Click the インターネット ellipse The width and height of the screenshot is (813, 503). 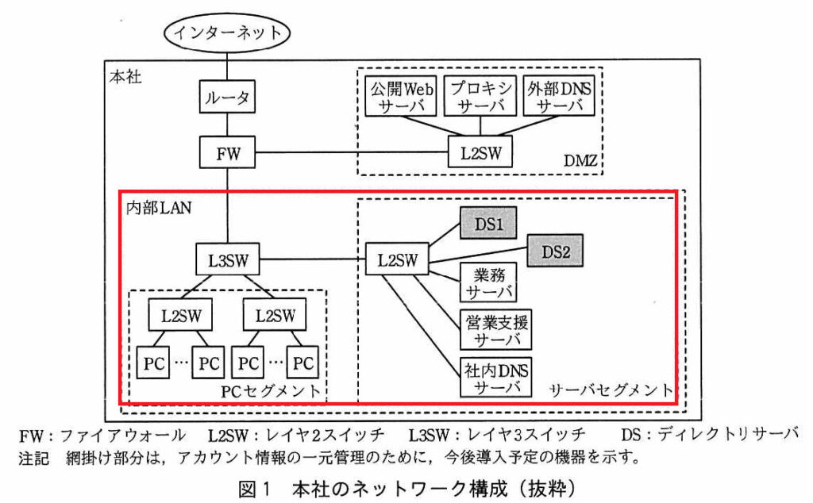pos(226,32)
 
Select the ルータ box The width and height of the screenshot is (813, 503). pos(227,96)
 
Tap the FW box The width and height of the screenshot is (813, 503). pos(227,152)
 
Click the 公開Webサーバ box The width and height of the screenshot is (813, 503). pos(401,96)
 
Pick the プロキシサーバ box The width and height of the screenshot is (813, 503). pos(480,96)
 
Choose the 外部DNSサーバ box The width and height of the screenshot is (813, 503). pos(559,96)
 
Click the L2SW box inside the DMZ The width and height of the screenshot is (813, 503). pos(480,152)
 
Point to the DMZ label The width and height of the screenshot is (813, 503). pos(580,160)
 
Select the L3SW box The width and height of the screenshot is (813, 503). pos(228,259)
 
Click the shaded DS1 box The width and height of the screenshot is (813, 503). pos(488,223)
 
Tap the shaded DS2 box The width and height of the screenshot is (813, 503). pos(555,251)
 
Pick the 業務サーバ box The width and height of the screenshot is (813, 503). pos(488,283)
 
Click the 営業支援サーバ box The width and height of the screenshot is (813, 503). pos(495,331)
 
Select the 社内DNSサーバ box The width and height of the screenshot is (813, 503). pos(495,378)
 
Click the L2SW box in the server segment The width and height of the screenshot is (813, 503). pos(397,259)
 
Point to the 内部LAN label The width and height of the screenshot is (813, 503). pos(159,208)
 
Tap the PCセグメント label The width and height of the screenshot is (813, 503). pos(271,390)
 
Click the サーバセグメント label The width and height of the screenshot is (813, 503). pos(611,390)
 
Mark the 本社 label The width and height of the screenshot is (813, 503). pos(125,77)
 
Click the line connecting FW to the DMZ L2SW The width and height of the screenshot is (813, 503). pos(352,152)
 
